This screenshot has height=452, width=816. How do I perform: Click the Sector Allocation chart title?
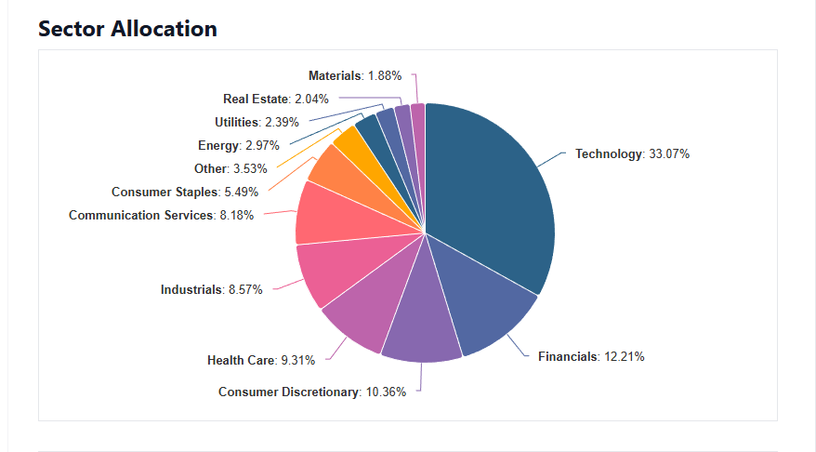[x=127, y=29]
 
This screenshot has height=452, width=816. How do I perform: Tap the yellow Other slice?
[x=350, y=144]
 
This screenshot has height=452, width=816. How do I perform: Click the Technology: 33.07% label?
[x=632, y=154]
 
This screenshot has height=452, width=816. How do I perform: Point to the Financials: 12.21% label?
[x=591, y=356]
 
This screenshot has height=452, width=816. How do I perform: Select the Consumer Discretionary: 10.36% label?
[x=312, y=392]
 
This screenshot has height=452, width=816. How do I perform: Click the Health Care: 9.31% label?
[x=261, y=360]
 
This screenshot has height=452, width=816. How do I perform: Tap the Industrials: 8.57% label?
[x=212, y=289]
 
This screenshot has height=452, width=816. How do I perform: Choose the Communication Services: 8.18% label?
[x=161, y=216]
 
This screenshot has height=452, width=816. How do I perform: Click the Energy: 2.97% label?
[x=232, y=146]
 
